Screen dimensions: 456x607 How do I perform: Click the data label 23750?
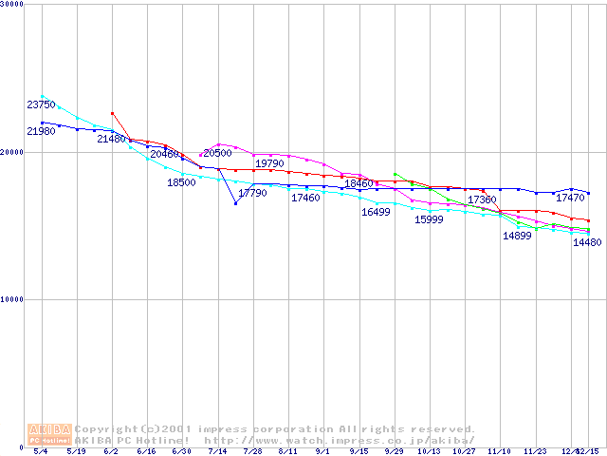(41, 104)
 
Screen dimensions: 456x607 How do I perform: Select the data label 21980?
(41, 131)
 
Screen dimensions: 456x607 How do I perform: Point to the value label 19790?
(269, 164)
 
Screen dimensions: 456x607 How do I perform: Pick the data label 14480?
(587, 242)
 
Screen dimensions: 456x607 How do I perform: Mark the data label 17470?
(570, 199)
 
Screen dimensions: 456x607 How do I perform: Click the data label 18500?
(181, 182)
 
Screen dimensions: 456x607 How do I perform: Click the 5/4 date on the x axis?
(41, 452)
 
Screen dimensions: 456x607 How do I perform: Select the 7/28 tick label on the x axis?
(253, 452)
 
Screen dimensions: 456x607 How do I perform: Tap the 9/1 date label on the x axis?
(323, 452)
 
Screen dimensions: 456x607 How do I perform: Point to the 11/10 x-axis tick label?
(500, 452)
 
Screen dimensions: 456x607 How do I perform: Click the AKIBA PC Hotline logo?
(49, 434)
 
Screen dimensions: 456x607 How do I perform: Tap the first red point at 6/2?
(112, 113)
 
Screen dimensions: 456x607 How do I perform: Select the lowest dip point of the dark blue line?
(235, 203)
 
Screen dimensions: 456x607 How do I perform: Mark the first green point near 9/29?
(395, 174)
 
